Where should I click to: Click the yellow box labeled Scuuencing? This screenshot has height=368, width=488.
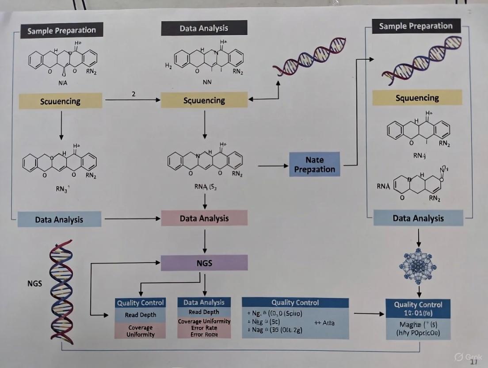pos(60,101)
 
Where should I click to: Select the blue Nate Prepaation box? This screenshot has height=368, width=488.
pos(314,165)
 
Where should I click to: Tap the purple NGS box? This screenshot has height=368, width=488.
pos(204,263)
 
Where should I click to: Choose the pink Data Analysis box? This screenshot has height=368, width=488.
pos(204,218)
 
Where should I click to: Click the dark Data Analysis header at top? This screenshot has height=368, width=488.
pos(204,28)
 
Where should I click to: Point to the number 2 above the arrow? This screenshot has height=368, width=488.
pos(133,94)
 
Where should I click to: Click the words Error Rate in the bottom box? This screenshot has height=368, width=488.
pos(204,328)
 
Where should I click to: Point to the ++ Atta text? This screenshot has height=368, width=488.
pos(324,323)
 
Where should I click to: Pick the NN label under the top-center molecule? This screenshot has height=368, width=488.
pos(207,82)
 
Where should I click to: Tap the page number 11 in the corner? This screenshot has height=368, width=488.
pos(473,362)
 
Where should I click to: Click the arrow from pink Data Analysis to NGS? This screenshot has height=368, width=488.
pos(204,241)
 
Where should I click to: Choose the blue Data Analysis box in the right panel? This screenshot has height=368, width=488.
pos(418,218)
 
